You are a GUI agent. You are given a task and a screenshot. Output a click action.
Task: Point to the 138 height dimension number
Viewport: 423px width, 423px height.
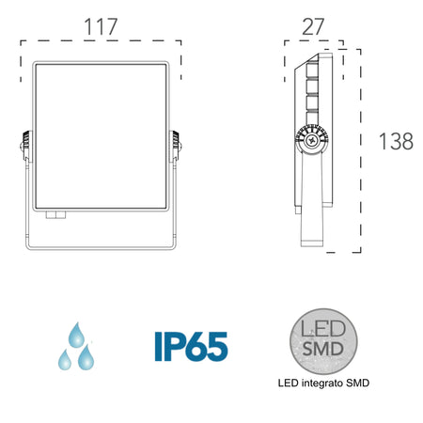pyautogui.click(x=396, y=141)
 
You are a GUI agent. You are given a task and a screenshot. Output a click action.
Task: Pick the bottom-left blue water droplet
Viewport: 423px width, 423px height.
pyautogui.click(x=66, y=360)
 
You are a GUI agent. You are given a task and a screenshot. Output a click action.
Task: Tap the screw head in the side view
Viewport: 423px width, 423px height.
pyautogui.click(x=310, y=139)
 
